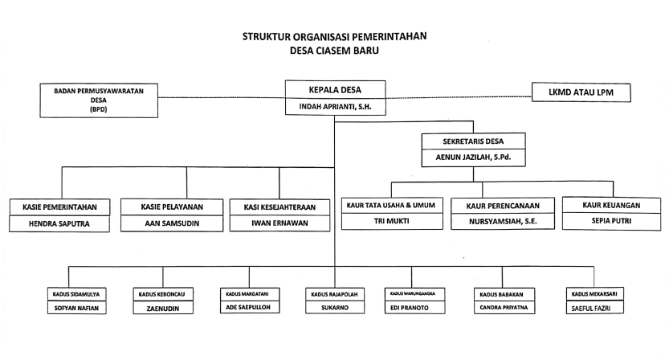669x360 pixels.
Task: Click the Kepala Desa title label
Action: point(335,90)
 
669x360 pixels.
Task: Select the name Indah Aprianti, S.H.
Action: point(335,107)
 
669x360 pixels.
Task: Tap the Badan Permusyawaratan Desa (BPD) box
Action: point(99,100)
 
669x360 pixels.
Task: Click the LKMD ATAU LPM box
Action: point(581,92)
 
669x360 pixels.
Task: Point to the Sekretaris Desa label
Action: point(473,141)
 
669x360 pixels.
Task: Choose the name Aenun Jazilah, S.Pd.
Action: point(473,157)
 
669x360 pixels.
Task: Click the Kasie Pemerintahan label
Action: point(59,207)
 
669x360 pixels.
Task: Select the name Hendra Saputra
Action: point(59,223)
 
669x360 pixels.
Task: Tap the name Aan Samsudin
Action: point(172,223)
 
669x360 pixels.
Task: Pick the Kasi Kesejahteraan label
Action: point(279,207)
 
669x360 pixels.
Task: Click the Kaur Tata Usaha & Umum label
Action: point(391,205)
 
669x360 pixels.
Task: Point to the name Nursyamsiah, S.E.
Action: point(503,221)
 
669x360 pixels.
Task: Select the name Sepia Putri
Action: point(611,221)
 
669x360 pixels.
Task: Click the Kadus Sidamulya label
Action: point(76,294)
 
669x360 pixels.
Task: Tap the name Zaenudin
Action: point(162,309)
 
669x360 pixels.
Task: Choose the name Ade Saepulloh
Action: point(248,307)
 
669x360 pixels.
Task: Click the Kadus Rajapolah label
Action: point(334,294)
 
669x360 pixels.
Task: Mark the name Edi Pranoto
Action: point(409,308)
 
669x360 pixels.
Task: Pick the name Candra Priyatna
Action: point(504,307)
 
